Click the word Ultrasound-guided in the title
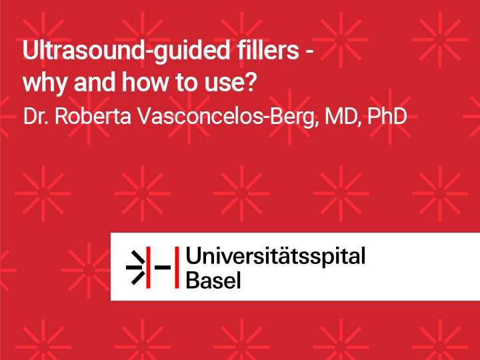coord(126,51)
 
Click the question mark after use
coord(251,82)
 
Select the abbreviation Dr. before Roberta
coord(35,116)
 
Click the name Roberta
coord(93,116)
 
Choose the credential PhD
coord(387,116)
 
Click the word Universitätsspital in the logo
coord(275,257)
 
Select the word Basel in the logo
coord(213,280)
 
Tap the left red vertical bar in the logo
coord(148,267)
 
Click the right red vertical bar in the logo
coord(177,267)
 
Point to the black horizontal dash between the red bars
coord(163,267)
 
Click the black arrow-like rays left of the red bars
coord(135,267)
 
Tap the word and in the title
coord(95,82)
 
